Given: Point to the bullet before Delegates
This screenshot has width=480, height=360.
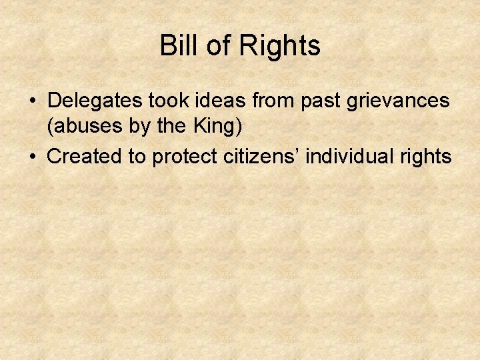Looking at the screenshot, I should (x=32, y=101).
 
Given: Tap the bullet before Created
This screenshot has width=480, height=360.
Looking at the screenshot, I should (x=32, y=157).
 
